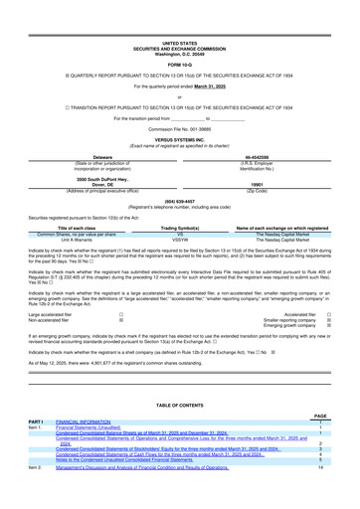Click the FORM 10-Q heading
click(x=179, y=40)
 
